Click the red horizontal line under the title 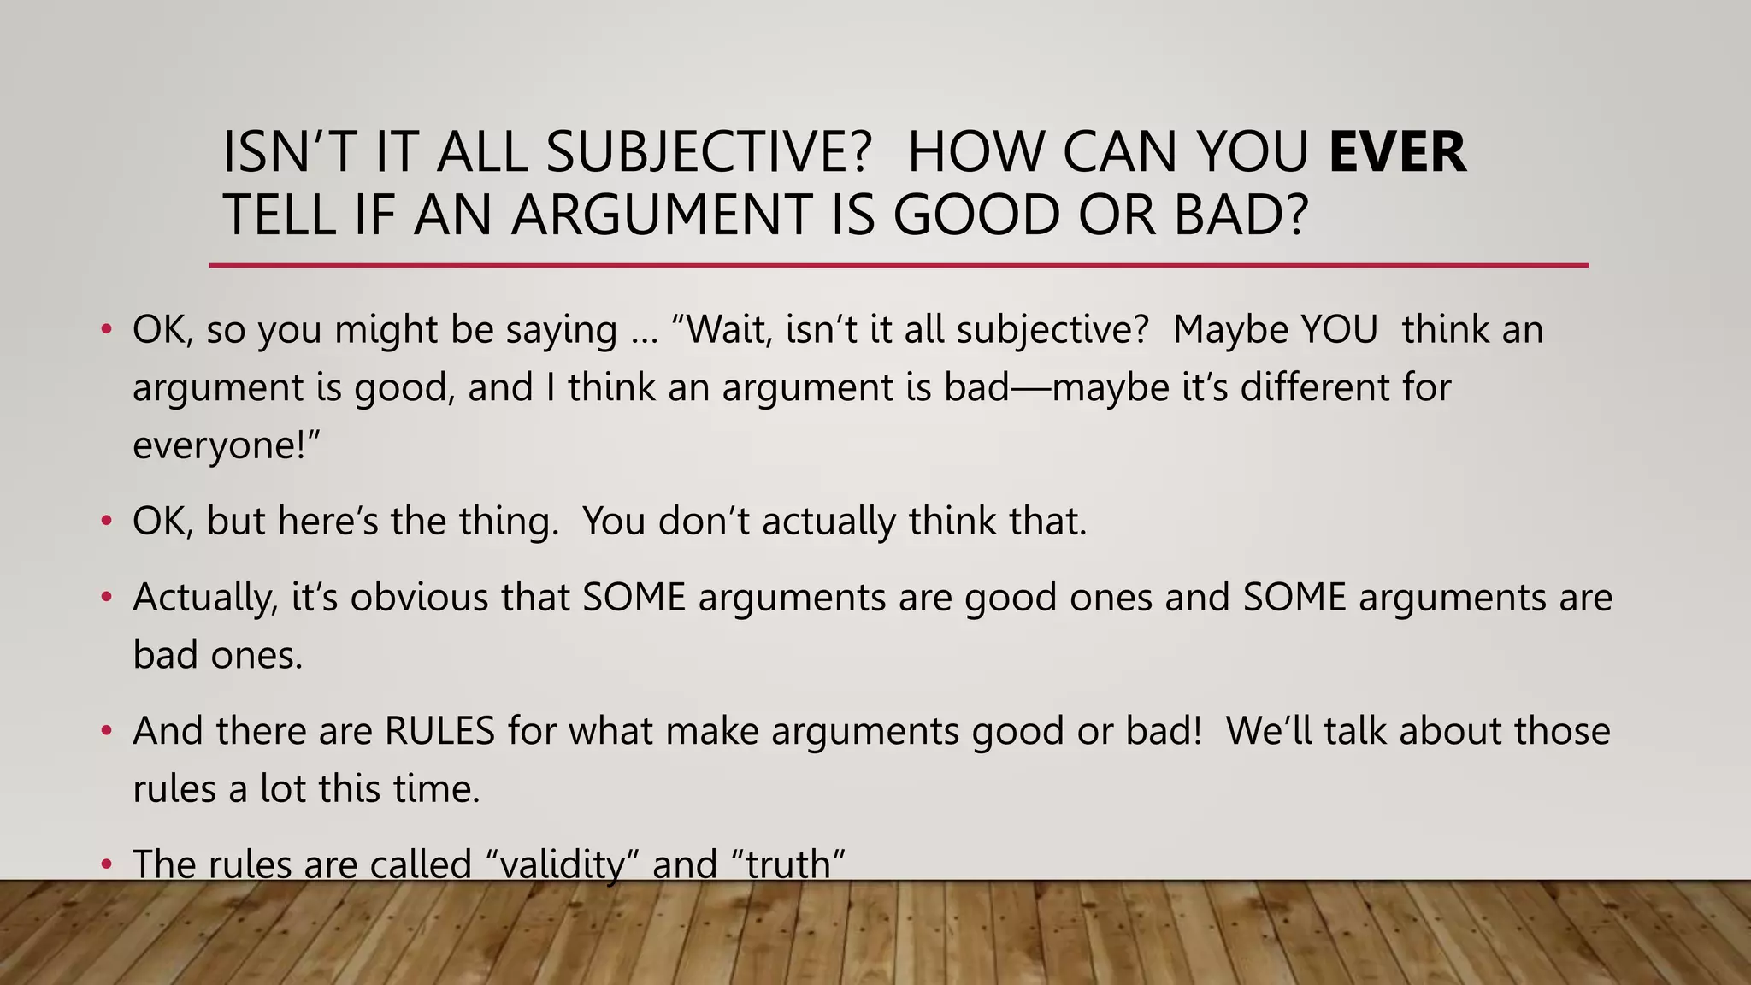point(898,266)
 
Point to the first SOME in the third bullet point(634,597)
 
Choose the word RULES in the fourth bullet point(439,731)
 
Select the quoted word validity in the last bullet point(563,864)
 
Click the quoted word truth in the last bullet point(788,864)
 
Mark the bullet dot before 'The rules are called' point(106,865)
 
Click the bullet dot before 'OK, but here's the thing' point(106,521)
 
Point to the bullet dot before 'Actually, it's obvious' point(106,597)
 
